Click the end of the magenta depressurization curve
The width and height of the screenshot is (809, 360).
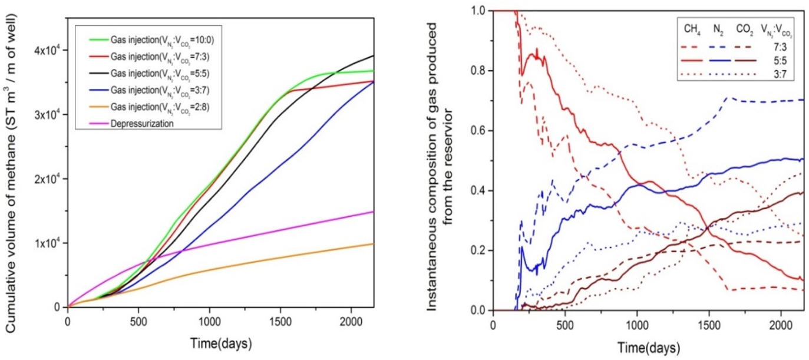373,212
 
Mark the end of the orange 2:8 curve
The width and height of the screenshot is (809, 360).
373,243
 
